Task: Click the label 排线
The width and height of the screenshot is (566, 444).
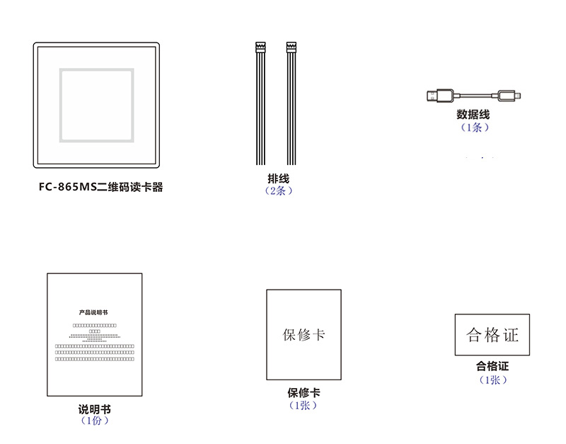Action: [278, 179]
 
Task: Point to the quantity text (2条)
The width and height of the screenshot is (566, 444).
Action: [278, 191]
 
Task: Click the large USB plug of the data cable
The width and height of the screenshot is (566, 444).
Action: [440, 96]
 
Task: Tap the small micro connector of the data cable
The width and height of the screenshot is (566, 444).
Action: [509, 95]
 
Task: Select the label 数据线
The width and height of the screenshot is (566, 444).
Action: [473, 115]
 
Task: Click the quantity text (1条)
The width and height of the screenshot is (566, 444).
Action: [473, 127]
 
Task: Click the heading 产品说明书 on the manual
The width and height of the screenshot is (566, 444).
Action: [93, 312]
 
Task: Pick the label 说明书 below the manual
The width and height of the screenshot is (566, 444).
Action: [94, 409]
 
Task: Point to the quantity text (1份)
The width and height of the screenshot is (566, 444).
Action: [94, 421]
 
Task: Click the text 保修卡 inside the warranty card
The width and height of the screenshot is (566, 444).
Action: [304, 334]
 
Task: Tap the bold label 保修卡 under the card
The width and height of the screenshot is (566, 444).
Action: [304, 393]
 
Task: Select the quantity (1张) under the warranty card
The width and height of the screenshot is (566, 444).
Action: [304, 406]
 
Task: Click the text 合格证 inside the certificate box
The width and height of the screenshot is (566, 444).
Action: [492, 335]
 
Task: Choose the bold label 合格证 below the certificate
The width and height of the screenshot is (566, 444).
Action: [492, 367]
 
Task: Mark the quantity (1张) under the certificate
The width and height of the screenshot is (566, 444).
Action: [492, 380]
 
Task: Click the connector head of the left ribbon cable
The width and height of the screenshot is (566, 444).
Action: [260, 49]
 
